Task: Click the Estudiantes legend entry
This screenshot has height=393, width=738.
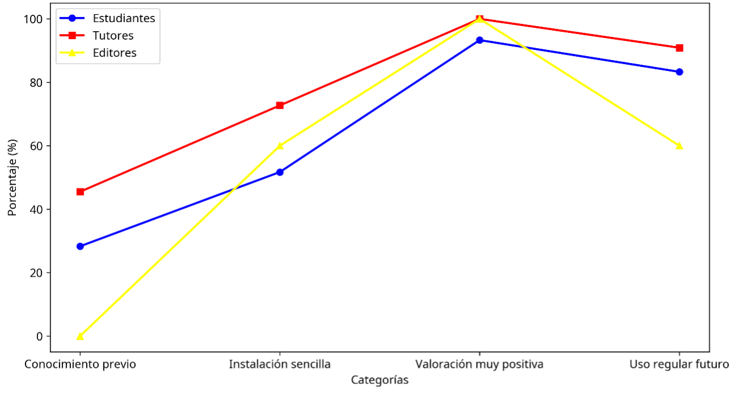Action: click(124, 18)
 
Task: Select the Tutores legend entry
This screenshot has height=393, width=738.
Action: click(113, 36)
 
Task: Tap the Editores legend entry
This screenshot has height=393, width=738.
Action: click(115, 53)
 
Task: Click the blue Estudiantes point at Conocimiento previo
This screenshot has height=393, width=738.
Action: click(80, 246)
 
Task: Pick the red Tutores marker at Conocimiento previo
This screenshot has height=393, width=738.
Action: click(80, 192)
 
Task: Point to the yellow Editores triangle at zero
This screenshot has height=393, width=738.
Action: click(80, 336)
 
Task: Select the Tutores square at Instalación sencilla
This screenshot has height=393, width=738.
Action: click(280, 105)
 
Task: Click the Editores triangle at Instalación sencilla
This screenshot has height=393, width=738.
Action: click(280, 146)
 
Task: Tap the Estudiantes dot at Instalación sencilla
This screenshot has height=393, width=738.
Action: click(280, 172)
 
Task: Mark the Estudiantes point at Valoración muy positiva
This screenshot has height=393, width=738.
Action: click(479, 40)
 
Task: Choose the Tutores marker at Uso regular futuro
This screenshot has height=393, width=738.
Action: click(679, 48)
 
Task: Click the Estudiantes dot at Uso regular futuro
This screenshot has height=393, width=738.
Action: click(679, 72)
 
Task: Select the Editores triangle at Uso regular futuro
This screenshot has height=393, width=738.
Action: click(679, 146)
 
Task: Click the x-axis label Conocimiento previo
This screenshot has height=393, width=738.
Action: click(80, 364)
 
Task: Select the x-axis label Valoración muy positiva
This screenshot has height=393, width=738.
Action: click(479, 364)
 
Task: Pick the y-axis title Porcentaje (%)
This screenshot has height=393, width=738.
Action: click(12, 178)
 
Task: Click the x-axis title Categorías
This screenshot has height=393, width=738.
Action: click(379, 380)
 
